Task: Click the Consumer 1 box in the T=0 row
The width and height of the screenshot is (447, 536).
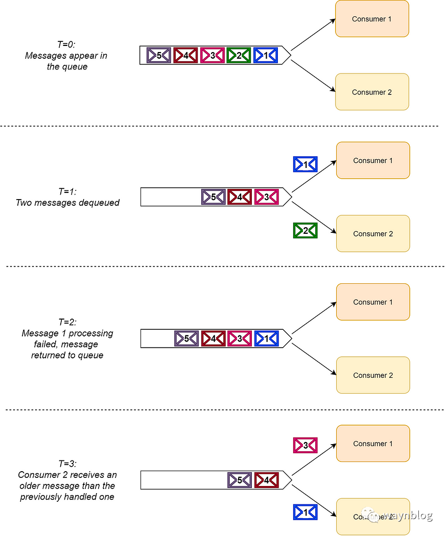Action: click(372, 19)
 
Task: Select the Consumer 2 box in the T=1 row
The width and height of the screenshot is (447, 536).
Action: click(373, 234)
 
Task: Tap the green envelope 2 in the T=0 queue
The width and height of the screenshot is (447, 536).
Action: click(239, 55)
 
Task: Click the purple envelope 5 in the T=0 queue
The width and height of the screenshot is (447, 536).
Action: click(159, 55)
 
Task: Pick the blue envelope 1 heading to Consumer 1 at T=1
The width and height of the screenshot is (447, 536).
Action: click(305, 164)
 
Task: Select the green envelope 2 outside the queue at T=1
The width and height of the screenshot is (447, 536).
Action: click(305, 231)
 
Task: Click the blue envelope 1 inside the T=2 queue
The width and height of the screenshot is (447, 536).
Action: click(266, 338)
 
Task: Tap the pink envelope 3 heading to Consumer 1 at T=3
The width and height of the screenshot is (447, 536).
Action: click(305, 445)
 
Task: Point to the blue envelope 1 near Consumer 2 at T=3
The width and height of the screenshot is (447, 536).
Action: click(305, 512)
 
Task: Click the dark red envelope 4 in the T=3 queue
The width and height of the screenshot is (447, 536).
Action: click(266, 480)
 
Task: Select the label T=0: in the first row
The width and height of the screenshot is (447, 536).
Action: click(66, 45)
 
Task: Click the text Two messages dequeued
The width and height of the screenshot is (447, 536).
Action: click(67, 203)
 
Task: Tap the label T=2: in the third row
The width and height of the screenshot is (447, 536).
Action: click(67, 322)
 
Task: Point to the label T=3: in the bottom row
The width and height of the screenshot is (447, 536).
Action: click(67, 464)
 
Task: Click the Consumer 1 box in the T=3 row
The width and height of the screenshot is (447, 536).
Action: click(373, 444)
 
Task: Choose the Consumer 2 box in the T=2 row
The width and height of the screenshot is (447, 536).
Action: click(373, 375)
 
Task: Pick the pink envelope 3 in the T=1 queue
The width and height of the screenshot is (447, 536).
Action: click(266, 197)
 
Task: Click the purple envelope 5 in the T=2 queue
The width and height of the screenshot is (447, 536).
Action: click(186, 338)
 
